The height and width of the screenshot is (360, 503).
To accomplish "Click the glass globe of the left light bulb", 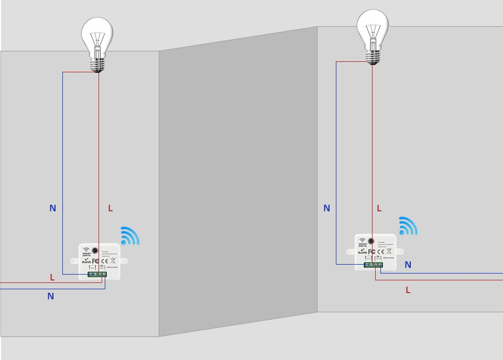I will point(97,34).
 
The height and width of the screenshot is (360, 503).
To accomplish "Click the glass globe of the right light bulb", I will point(373,24).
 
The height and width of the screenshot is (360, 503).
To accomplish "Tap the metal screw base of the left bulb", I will point(97,63).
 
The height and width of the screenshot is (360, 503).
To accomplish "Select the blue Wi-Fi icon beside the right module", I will point(407,226).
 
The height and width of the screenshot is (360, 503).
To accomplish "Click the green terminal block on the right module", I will point(373,265).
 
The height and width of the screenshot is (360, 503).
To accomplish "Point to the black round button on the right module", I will point(371,241).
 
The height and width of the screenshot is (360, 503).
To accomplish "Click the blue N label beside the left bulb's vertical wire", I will point(52,208).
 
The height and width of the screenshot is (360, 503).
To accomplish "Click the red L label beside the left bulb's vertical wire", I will point(110,208).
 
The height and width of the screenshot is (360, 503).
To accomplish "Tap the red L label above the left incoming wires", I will point(52,277).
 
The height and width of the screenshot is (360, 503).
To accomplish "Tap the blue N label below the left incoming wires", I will point(50,296).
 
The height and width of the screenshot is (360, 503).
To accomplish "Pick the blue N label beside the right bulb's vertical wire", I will point(326,208).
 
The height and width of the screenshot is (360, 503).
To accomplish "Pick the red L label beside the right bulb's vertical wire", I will point(379,208).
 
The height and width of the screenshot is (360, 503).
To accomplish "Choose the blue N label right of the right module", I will point(408,265).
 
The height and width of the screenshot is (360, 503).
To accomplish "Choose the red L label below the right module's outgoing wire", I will point(408,290).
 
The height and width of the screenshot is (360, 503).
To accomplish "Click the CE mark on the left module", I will point(104,260).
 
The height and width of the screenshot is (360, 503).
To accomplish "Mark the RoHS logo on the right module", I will point(362,252).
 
